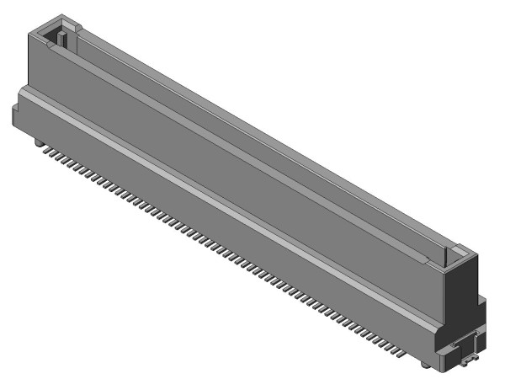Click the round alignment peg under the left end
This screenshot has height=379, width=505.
click(x=38, y=144)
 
